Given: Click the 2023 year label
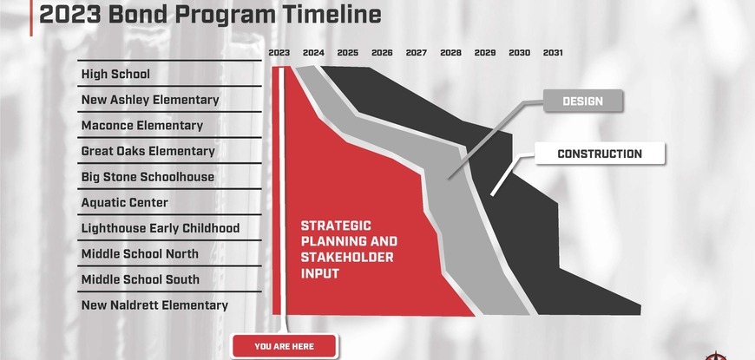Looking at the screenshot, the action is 279,53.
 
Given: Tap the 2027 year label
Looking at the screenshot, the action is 417,53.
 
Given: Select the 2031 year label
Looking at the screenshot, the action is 553,53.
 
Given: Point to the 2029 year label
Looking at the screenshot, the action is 485,53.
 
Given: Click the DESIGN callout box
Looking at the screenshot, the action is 583,101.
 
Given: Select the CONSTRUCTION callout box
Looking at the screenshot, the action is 600,154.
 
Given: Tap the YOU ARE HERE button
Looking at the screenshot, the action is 284,346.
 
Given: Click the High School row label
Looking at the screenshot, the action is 115,74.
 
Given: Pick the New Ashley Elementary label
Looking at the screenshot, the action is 150,100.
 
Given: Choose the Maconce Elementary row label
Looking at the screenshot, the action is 142,126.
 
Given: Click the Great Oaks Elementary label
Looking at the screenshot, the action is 148,151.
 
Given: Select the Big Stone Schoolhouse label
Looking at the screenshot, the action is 148,177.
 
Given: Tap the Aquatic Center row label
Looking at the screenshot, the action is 125,203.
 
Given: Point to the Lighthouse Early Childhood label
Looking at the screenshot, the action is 161,228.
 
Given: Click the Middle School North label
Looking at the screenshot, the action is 140,253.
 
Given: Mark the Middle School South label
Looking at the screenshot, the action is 140,279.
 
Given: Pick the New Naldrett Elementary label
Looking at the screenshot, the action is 154,305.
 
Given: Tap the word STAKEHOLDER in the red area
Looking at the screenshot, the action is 347,258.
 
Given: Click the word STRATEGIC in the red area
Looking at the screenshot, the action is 336,226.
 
